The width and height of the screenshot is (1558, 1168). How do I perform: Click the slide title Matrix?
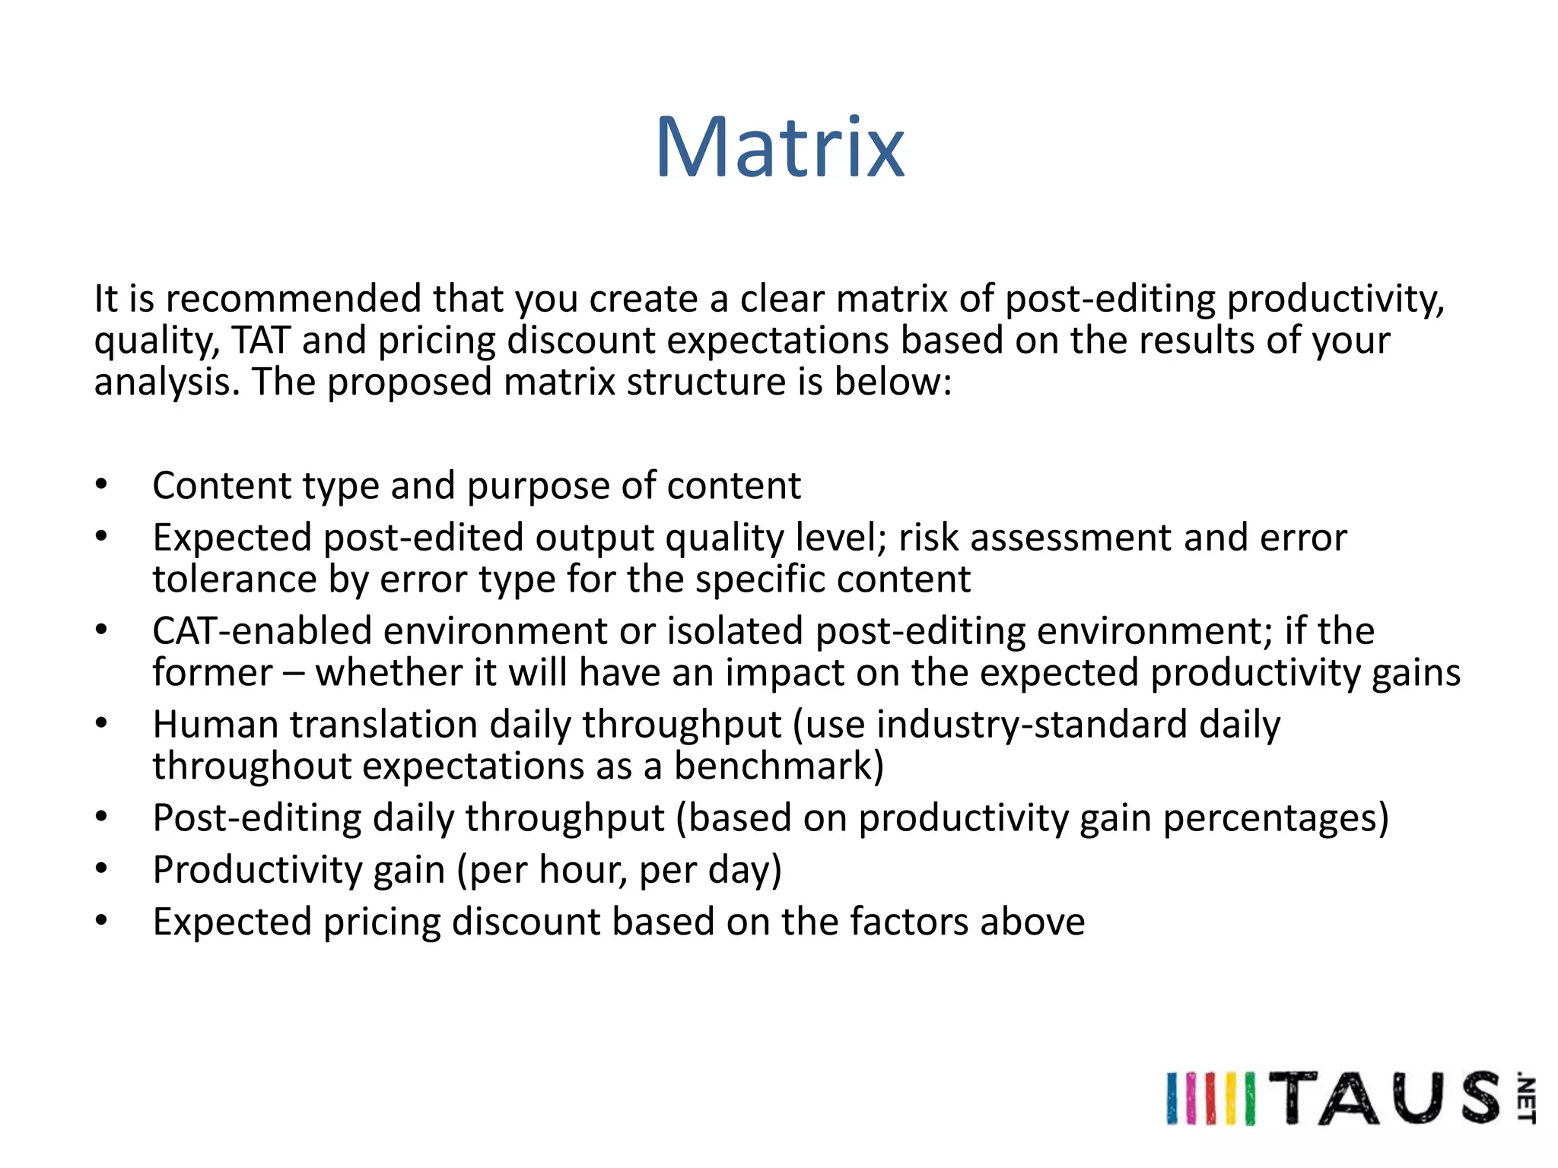pos(780,148)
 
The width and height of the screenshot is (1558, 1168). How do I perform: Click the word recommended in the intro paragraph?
pos(293,299)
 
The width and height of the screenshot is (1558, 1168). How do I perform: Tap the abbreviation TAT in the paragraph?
pos(261,340)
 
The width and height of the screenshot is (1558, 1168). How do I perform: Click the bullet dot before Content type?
pos(101,484)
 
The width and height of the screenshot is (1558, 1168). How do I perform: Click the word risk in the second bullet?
pos(928,538)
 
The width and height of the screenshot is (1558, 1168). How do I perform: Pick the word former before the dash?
pos(212,673)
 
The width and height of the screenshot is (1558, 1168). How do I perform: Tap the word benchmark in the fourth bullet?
pos(777,766)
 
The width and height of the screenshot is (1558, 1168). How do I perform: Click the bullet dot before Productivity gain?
pos(101,868)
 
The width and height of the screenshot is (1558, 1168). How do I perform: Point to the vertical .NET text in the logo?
pos(1525,1098)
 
